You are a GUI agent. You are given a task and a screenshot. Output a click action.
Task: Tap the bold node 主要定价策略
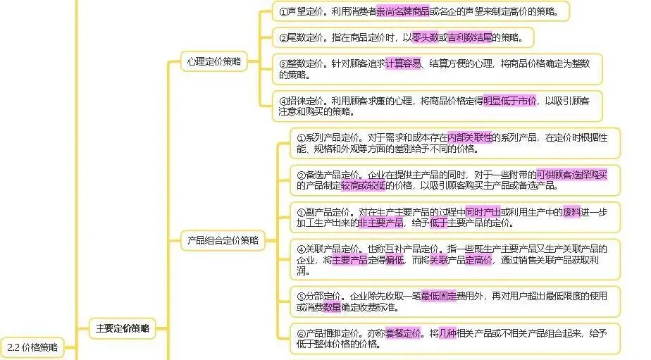pos(122,328)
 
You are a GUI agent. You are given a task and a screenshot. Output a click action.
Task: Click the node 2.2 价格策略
pos(32,347)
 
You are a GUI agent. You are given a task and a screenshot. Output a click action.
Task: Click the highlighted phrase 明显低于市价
pos(509,101)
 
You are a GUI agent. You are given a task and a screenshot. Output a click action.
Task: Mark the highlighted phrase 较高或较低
pos(364,185)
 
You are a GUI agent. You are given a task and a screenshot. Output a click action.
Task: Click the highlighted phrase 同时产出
pos(483,211)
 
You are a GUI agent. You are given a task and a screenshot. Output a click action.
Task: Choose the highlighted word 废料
pos(571,211)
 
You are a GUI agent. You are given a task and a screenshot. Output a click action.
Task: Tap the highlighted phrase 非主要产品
pos(381,223)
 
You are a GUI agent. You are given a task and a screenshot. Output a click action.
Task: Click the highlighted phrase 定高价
pos(478,260)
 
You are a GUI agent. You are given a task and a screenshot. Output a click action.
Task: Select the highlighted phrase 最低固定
pos(439,297)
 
